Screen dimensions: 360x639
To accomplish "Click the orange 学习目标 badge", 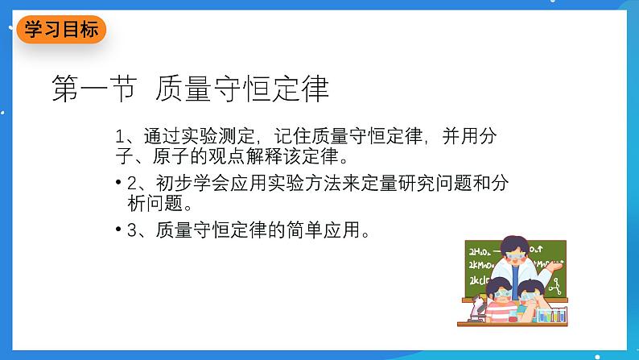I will pos(60,30).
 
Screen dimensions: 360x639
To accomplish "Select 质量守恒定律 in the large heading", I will pos(241,89).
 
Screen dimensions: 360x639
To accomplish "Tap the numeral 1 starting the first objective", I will pos(120,135).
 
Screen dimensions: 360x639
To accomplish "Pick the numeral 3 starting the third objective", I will pos(133,232).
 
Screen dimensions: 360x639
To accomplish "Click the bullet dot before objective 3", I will pos(119,230).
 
